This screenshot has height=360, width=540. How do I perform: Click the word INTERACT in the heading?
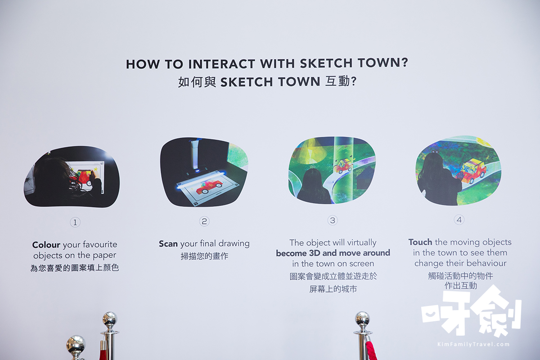(221, 64)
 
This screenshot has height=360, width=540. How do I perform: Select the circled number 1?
(75, 222)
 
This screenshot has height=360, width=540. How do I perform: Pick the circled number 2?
(204, 221)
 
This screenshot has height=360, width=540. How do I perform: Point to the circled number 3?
(333, 220)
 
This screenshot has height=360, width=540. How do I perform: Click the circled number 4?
(459, 220)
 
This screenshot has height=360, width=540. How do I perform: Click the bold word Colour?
(46, 245)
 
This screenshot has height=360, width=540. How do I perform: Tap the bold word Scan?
(168, 244)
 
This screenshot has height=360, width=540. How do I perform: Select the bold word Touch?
(420, 242)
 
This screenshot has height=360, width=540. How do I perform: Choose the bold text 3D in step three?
(315, 253)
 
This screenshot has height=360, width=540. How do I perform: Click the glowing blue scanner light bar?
(201, 179)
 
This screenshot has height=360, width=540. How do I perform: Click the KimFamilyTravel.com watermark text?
(473, 344)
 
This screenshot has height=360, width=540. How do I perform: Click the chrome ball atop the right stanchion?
(362, 319)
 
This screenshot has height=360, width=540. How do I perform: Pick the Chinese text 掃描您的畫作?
(204, 256)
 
